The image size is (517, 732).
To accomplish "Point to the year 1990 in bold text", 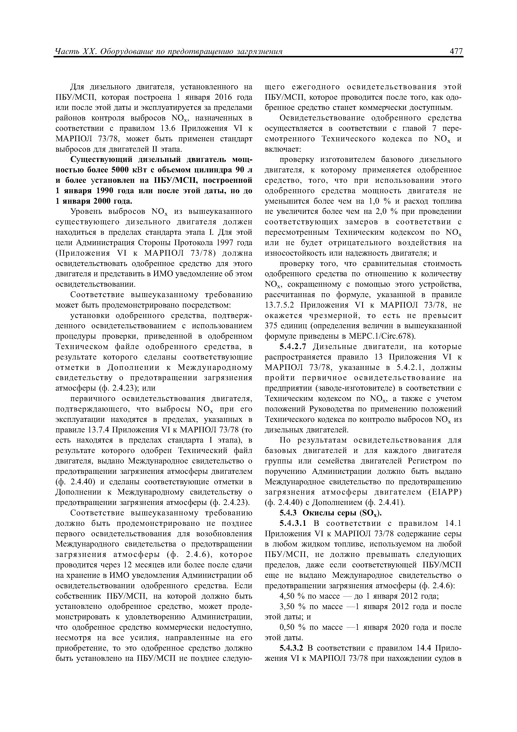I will click(x=103, y=191).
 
